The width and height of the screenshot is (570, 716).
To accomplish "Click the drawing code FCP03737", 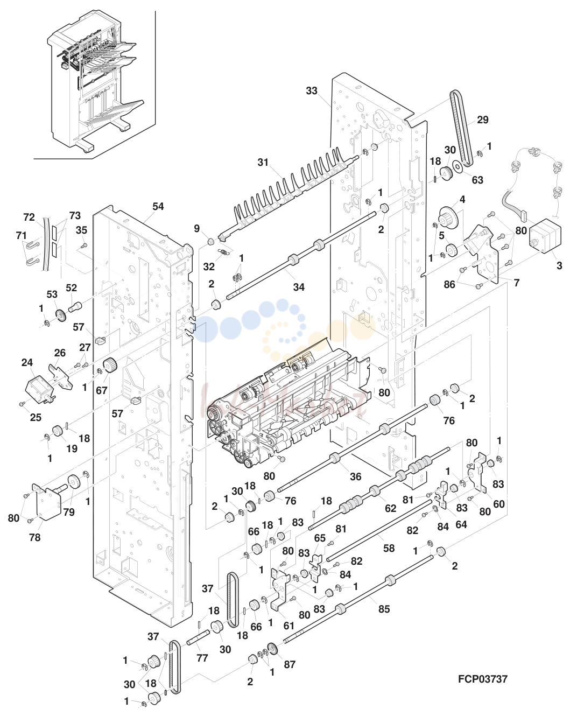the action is pyautogui.click(x=482, y=679).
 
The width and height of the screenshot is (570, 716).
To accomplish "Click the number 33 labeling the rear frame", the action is pyautogui.click(x=312, y=91).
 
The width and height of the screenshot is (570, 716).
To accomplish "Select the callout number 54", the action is pyautogui.click(x=158, y=207).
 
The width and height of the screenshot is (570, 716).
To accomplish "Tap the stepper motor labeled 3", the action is pyautogui.click(x=545, y=235).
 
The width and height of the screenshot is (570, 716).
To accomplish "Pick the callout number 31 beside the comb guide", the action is pyautogui.click(x=263, y=163).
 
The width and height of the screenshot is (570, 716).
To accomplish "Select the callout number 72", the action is pyautogui.click(x=29, y=217).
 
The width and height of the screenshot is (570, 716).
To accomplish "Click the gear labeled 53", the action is pyautogui.click(x=60, y=315).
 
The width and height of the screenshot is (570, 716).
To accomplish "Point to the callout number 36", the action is pyautogui.click(x=355, y=477).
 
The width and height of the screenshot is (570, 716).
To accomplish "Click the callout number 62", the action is pyautogui.click(x=390, y=508).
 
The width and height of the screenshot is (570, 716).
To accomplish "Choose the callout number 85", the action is pyautogui.click(x=384, y=609).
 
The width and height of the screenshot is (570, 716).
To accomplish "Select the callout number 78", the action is pyautogui.click(x=34, y=537).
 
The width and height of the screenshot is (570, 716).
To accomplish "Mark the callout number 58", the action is pyautogui.click(x=389, y=548).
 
